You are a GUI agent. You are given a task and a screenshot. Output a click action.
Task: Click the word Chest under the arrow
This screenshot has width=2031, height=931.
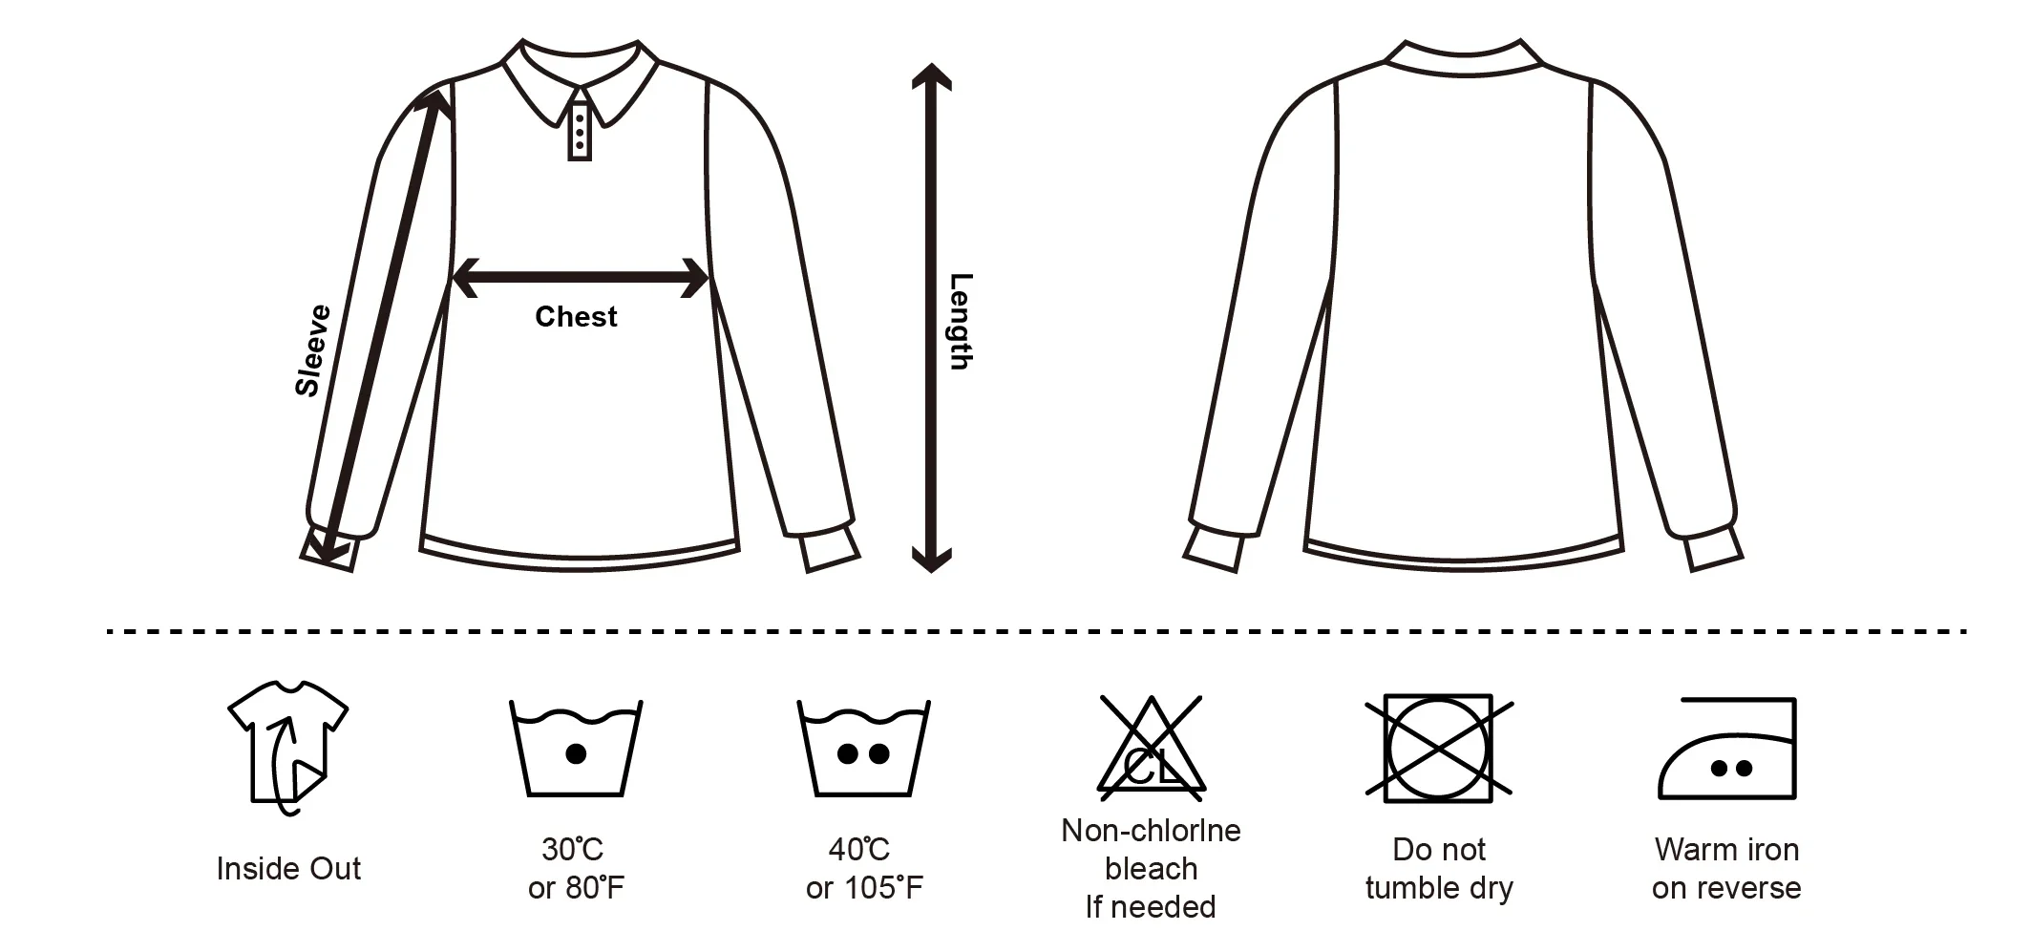click(x=576, y=317)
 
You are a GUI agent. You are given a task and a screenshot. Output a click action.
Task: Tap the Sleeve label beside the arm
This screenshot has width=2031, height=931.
click(x=313, y=350)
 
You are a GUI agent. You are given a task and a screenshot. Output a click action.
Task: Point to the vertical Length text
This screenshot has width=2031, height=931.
click(x=960, y=322)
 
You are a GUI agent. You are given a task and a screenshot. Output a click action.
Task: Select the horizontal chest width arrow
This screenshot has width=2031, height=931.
click(x=579, y=278)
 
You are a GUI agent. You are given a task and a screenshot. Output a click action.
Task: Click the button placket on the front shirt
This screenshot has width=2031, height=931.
click(x=580, y=131)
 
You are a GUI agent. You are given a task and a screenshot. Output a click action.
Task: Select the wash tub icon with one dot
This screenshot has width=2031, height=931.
click(x=576, y=749)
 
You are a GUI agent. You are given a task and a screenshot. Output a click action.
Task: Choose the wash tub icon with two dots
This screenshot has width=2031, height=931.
click(x=863, y=749)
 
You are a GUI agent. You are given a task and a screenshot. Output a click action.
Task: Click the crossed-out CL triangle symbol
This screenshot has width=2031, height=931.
click(x=1151, y=749)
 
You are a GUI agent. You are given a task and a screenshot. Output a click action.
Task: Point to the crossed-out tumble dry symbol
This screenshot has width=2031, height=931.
click(x=1439, y=747)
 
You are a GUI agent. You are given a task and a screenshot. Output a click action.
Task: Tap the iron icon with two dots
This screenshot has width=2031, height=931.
click(x=1727, y=749)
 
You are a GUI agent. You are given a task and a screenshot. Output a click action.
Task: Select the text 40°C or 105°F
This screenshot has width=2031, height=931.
click(x=863, y=868)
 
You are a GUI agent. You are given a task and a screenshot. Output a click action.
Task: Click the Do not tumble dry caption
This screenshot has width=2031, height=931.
click(x=1439, y=868)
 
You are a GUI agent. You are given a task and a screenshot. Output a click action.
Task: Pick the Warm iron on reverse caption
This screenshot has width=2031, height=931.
click(x=1726, y=868)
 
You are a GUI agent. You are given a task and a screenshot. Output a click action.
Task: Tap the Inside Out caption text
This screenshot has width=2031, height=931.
click(x=288, y=869)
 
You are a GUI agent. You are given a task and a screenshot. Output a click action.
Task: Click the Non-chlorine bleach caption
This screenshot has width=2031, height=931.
click(x=1151, y=868)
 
